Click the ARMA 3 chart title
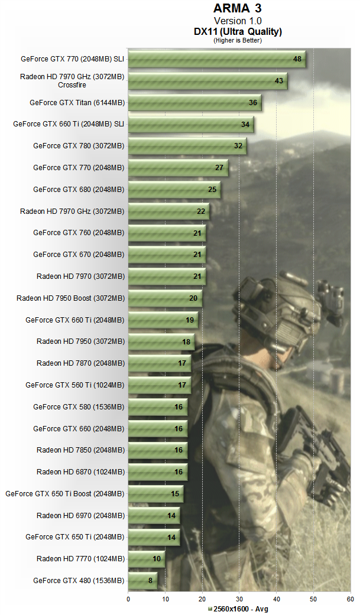pos(237,9)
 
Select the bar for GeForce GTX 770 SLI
pos(216,59)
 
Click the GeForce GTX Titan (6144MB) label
pos(77,103)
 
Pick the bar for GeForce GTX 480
pos(142,580)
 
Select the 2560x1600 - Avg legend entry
pos(238,609)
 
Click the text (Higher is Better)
pos(237,40)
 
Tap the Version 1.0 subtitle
pos(237,21)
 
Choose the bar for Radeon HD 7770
pos(146,558)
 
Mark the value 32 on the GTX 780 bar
pos(238,146)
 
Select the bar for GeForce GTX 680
pos(174,190)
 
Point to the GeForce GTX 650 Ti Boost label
pos(65,493)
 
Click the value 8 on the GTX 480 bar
pos(152,580)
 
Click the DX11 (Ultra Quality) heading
pos(237,31)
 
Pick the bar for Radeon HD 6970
pos(154,515)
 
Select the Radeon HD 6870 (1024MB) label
pos(80,471)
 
